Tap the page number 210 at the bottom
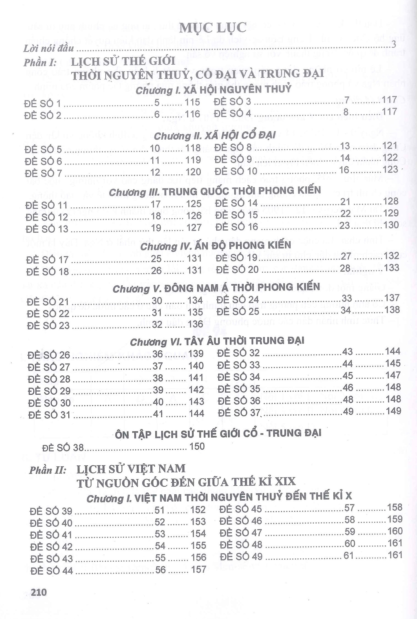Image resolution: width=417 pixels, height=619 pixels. (39, 600)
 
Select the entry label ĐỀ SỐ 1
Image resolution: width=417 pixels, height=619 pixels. (42, 104)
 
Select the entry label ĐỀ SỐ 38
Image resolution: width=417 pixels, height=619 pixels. (63, 448)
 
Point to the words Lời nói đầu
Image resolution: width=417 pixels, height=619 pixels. (48, 49)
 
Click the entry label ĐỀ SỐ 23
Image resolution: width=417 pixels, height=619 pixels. (48, 325)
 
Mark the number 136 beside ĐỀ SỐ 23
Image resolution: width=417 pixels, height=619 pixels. (195, 324)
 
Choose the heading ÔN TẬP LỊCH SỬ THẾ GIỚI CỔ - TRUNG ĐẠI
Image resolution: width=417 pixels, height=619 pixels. (218, 433)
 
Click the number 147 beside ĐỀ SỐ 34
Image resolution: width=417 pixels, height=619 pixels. (393, 375)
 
